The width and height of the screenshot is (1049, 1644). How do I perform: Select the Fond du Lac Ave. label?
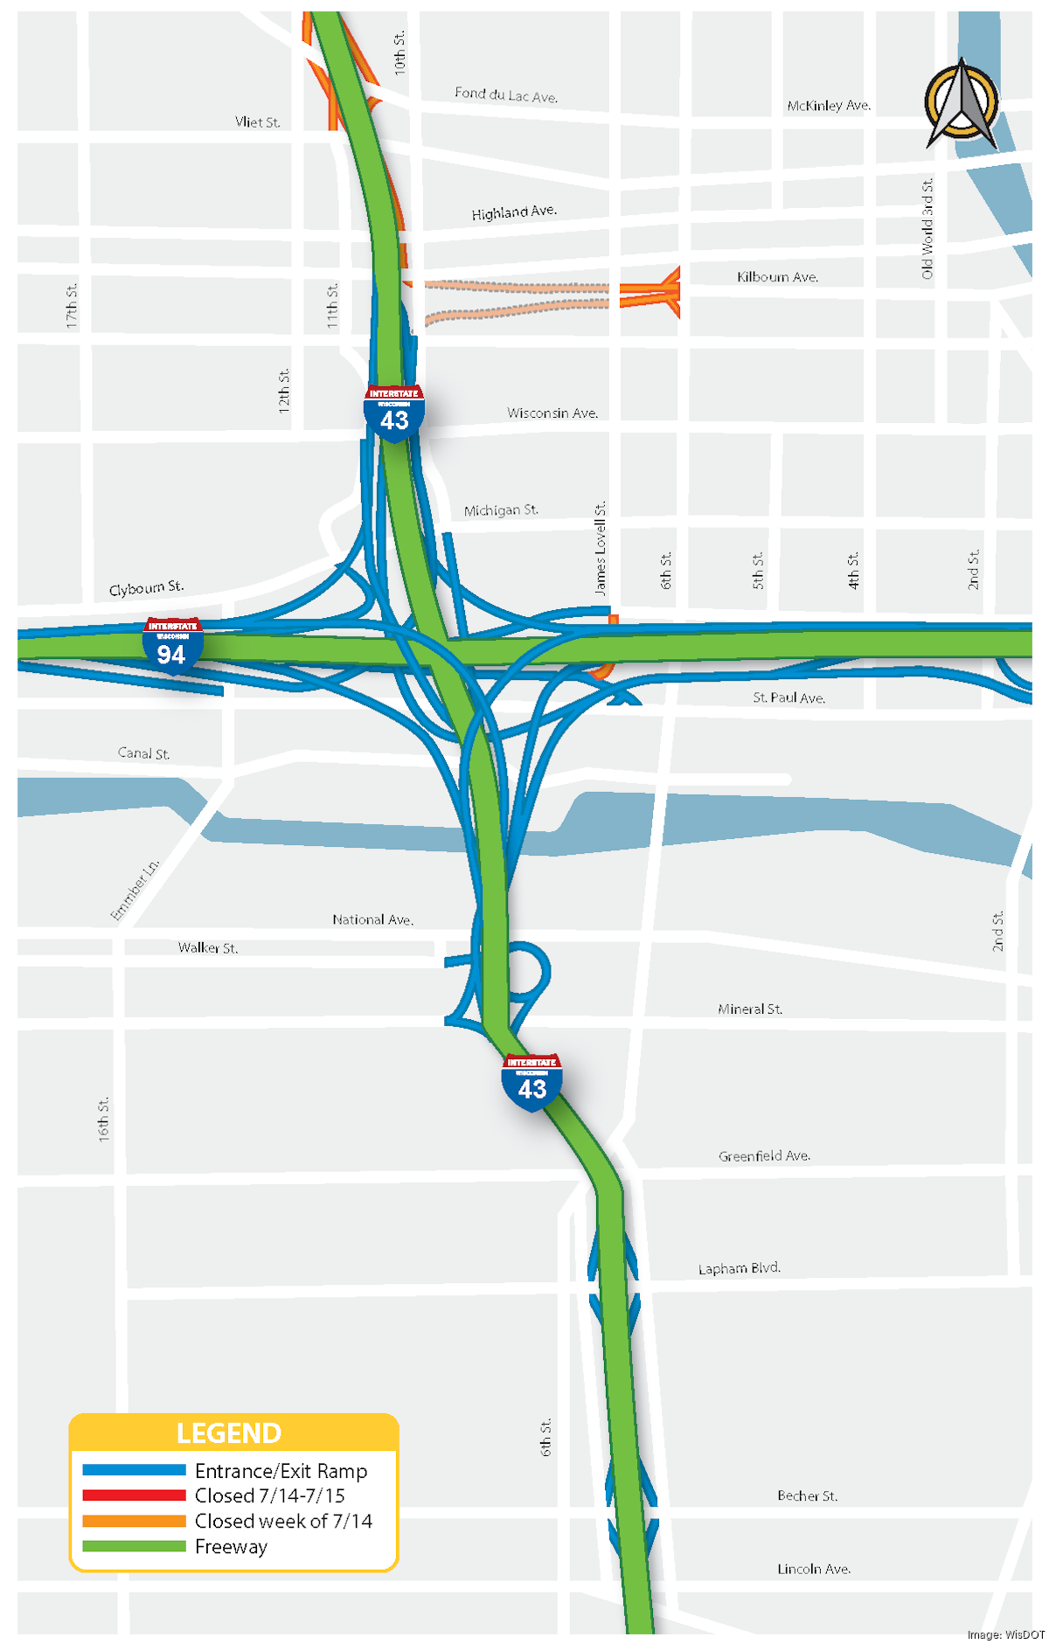click(x=505, y=94)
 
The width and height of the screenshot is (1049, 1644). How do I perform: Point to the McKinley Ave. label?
click(x=828, y=106)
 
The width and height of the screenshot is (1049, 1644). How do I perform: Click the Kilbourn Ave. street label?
click(x=777, y=277)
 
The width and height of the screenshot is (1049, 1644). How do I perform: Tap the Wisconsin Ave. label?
click(x=552, y=413)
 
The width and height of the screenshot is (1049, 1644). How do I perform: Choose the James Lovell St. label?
click(x=600, y=548)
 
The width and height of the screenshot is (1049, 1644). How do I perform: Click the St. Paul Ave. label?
click(x=788, y=697)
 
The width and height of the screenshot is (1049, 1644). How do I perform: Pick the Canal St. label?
click(x=143, y=753)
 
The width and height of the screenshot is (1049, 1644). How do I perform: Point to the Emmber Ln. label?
click(x=135, y=890)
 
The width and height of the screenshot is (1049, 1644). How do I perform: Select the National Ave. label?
click(x=372, y=919)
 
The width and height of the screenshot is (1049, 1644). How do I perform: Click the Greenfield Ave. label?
click(x=764, y=1155)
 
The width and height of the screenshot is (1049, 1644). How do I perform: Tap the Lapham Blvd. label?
click(x=739, y=1268)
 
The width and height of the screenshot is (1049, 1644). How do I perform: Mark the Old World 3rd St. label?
click(x=927, y=228)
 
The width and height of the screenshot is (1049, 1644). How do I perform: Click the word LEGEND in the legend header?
click(x=229, y=1433)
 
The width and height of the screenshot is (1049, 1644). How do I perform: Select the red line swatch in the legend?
click(x=134, y=1495)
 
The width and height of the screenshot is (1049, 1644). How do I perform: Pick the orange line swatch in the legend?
click(x=134, y=1521)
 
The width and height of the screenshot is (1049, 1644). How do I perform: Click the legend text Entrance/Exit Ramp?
click(x=281, y=1471)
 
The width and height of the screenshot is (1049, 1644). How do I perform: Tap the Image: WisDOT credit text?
click(x=1005, y=1634)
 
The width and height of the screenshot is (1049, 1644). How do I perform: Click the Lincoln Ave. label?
click(x=814, y=1569)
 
